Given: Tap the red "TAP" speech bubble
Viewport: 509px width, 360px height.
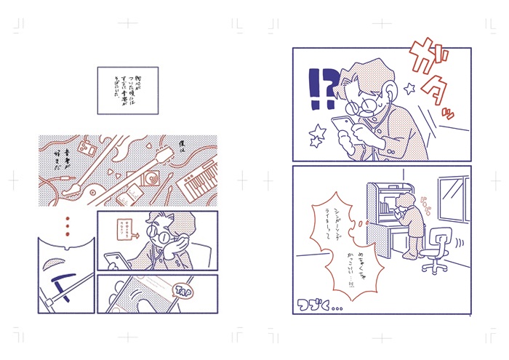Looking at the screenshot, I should tap(185, 291).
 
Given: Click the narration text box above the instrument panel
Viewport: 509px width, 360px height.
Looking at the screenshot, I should tap(127, 90).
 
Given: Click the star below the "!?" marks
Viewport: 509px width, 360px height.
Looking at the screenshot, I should tap(318, 133).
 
